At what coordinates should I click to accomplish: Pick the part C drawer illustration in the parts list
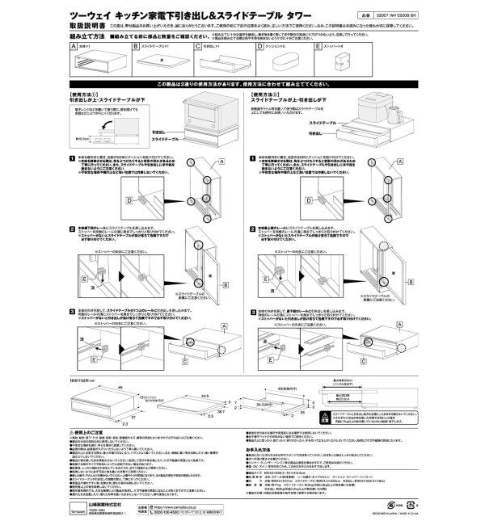219,61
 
